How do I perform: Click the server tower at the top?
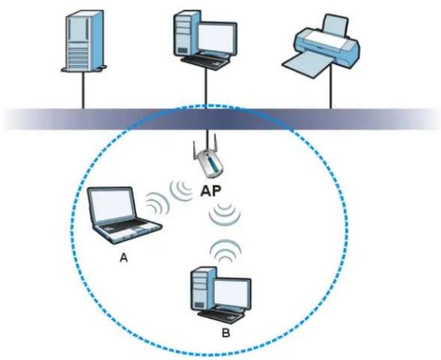[84, 41]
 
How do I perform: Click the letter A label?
[124, 257]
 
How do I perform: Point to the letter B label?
[226, 333]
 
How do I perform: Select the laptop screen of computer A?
[112, 205]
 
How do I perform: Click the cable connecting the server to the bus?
[83, 90]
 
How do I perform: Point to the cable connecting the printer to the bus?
[331, 86]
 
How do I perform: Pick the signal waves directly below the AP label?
[224, 213]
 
